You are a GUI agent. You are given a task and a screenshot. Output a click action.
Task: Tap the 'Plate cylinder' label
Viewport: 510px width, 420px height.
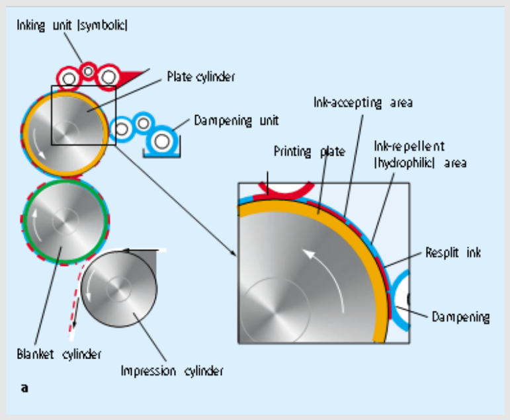[x=201, y=77]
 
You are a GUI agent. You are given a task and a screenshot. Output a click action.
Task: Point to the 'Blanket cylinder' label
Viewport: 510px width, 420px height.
[x=59, y=354]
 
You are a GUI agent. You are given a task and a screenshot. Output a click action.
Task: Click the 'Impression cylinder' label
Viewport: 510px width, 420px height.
[x=172, y=371]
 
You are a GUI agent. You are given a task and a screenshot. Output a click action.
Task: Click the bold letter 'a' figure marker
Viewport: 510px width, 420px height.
[x=24, y=388]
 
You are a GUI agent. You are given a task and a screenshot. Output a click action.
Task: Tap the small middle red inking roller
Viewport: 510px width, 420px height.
[x=88, y=70]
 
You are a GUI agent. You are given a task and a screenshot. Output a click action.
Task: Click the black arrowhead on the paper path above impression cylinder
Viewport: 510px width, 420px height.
[x=130, y=251]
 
